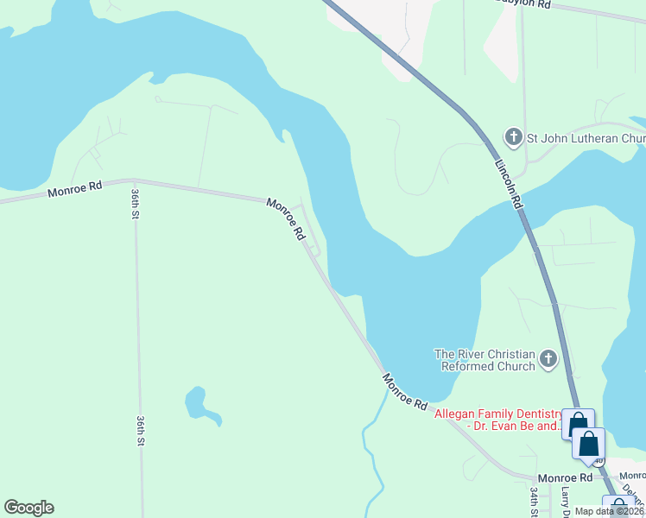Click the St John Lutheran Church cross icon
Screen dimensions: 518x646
(513, 137)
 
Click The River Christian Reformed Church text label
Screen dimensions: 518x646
(484, 360)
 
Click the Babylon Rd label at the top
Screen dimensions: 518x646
(523, 3)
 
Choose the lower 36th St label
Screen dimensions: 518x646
(140, 430)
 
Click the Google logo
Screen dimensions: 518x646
(28, 508)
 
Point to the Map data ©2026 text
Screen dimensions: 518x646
(610, 511)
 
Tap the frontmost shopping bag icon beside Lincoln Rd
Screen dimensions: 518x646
(589, 444)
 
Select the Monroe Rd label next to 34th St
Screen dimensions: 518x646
(565, 477)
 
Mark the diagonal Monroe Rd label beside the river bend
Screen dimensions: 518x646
(287, 219)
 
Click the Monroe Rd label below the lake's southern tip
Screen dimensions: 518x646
(405, 392)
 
